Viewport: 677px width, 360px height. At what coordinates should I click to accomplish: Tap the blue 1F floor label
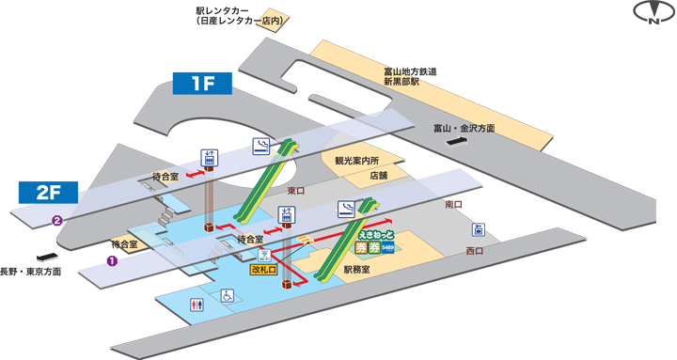click(x=204, y=83)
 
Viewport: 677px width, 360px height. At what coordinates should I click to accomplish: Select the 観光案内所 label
click(x=354, y=160)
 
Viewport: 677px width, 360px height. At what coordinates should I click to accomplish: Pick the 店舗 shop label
click(x=378, y=175)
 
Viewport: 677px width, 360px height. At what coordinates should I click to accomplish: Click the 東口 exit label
click(x=296, y=192)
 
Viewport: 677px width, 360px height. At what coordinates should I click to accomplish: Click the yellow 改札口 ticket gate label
click(x=263, y=270)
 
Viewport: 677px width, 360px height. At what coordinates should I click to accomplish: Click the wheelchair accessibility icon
click(x=227, y=296)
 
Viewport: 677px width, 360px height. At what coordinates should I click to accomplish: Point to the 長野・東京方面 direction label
click(x=31, y=272)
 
